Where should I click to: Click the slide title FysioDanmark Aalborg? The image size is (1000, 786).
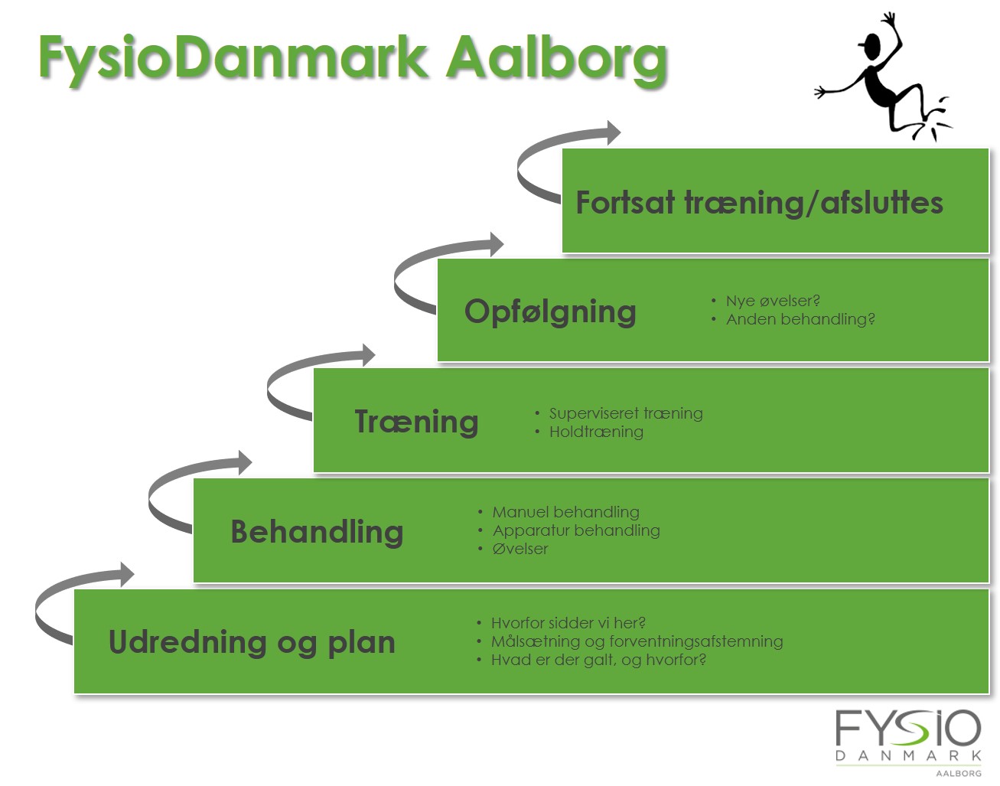point(353,58)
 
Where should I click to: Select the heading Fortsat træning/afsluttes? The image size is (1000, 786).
point(758,203)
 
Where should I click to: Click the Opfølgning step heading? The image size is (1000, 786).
point(550,311)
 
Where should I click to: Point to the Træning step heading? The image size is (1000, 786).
point(416,422)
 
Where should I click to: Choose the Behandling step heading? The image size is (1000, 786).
point(317,531)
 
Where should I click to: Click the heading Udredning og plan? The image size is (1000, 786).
point(252,642)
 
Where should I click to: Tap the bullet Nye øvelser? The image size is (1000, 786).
point(772,301)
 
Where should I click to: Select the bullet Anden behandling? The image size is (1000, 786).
point(800,319)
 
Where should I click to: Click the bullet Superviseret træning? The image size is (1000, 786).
point(625,413)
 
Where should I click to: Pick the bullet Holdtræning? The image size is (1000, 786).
point(596,432)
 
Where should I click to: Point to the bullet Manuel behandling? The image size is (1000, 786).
point(565,512)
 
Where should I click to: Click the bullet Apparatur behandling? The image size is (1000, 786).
point(575,530)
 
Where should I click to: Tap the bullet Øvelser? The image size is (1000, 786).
point(520,549)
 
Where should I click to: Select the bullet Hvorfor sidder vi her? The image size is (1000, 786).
point(568,623)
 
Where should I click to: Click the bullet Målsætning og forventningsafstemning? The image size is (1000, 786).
point(637,641)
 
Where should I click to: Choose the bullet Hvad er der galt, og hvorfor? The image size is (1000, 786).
point(598,660)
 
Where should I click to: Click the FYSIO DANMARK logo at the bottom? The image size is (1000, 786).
point(907,739)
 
